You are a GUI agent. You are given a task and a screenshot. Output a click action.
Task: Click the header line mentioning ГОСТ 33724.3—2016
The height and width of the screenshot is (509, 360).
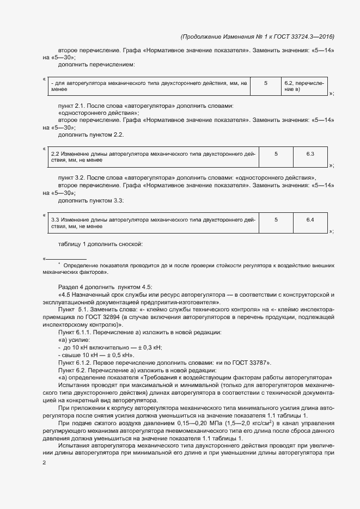[257, 36]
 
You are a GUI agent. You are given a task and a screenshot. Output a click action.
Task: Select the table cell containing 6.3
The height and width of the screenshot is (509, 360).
[310, 154]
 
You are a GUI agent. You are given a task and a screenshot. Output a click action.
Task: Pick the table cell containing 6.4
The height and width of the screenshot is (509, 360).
[310, 219]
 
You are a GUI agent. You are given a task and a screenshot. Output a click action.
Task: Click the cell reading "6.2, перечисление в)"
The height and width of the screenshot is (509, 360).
[304, 86]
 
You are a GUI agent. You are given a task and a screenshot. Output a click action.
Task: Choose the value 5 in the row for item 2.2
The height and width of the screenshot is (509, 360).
[276, 154]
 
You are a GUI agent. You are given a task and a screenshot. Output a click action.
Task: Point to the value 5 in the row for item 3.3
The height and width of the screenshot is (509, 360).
[276, 219]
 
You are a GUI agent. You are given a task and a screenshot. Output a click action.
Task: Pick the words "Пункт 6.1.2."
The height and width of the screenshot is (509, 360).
[75, 362]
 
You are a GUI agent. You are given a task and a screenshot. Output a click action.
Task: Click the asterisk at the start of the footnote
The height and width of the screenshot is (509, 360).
[59, 263]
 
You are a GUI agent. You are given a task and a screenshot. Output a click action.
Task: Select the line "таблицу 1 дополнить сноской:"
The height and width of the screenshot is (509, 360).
[100, 243]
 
